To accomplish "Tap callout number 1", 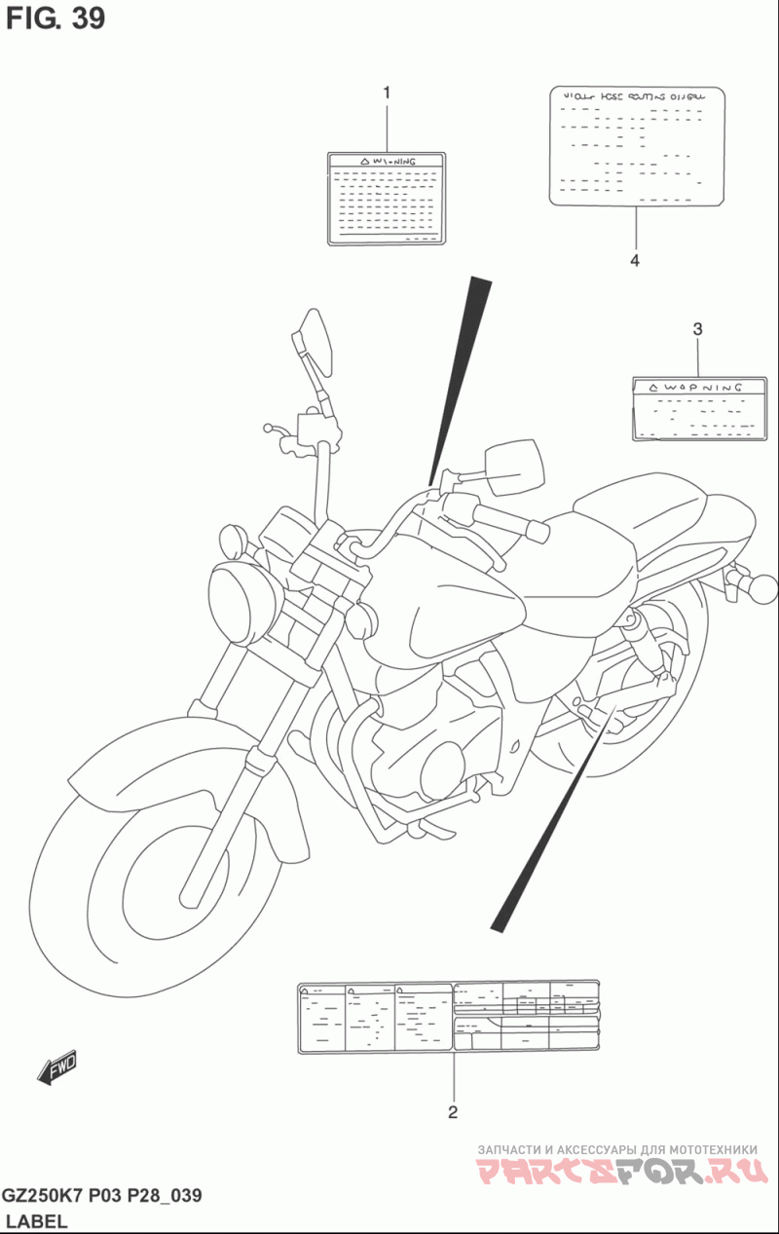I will coord(387,93).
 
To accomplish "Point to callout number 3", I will coord(697,329).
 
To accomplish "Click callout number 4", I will coord(635,260).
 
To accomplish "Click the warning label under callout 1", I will coord(386,198).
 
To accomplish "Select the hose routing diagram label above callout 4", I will coord(638,146).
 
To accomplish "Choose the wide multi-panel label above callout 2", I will coord(448,1017).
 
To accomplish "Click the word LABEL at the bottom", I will coord(36,1221).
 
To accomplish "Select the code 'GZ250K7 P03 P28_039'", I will coord(102,1196).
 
